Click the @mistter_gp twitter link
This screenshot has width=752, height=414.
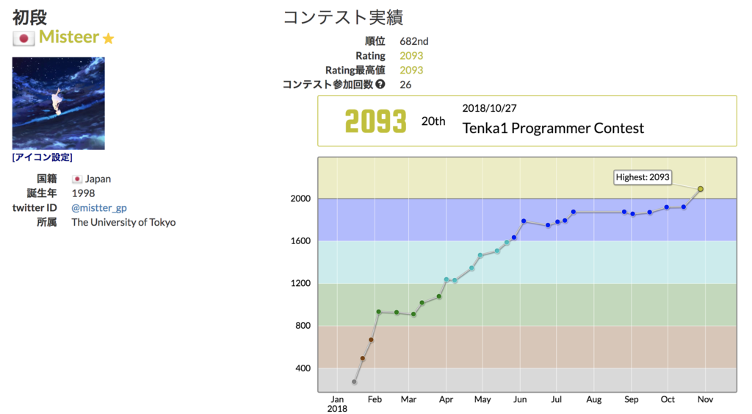(98, 208)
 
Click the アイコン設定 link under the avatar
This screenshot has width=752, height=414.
(42, 157)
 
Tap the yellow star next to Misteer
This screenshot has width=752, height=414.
(109, 39)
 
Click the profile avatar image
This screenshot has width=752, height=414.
(58, 104)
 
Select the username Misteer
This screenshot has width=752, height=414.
(68, 38)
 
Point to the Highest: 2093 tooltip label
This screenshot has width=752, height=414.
(643, 177)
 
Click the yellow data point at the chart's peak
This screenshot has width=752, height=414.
(701, 189)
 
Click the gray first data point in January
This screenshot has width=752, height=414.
(354, 382)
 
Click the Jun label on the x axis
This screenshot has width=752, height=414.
(520, 399)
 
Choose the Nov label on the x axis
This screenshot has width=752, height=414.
(705, 399)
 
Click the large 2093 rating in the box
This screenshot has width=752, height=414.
(375, 121)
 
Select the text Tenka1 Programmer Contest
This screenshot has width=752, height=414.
(553, 129)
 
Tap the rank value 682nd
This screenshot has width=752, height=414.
(415, 41)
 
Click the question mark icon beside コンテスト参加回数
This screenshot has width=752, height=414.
(380, 85)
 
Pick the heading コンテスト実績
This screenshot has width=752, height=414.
(343, 17)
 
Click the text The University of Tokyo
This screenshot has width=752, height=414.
(123, 222)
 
